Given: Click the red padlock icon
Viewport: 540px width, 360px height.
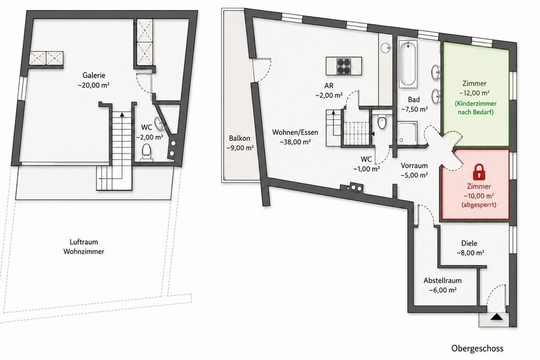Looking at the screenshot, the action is (x=478, y=172).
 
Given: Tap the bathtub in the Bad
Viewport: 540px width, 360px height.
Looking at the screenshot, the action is (x=409, y=64).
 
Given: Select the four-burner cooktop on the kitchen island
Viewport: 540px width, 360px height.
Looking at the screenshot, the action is (x=344, y=66).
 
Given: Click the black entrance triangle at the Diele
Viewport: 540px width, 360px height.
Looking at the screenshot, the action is (x=496, y=317).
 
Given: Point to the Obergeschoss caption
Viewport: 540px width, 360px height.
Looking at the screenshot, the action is (x=477, y=348).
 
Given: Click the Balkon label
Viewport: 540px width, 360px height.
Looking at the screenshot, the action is (x=239, y=138).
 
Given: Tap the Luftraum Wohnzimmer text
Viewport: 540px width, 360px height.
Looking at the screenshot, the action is (x=83, y=247).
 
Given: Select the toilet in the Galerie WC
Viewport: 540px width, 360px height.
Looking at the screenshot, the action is (x=147, y=152).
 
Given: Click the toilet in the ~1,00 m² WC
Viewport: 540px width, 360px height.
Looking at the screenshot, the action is (x=382, y=122).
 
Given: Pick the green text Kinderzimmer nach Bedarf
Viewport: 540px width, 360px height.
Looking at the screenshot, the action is (x=475, y=108).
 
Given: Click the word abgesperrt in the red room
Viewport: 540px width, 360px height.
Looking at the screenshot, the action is (x=479, y=205).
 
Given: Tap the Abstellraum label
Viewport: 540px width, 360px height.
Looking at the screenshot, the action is (x=443, y=280).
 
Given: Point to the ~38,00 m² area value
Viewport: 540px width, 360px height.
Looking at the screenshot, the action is (x=295, y=142).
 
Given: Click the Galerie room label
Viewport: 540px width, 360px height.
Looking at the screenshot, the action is (x=94, y=75).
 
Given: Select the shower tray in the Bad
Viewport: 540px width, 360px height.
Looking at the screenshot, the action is (x=407, y=133).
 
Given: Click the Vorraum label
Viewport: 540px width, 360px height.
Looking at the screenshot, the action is (x=414, y=166).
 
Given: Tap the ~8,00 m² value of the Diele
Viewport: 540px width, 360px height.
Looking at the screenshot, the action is (x=470, y=253).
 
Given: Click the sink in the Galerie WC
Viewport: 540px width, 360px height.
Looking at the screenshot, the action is (x=159, y=124).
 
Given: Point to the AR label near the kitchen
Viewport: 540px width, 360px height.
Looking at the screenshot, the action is (x=329, y=86).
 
